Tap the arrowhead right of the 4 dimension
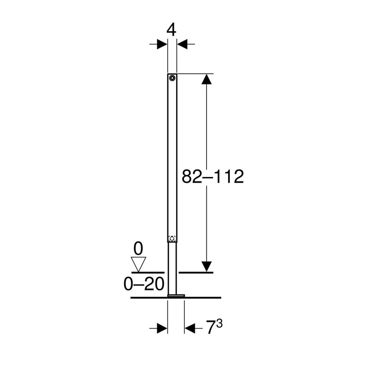click(x=182, y=44)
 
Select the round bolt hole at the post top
click(x=172, y=78)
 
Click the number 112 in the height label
click(x=228, y=177)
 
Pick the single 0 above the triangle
click(x=138, y=249)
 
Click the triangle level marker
click(x=138, y=263)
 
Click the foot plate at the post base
click(x=176, y=296)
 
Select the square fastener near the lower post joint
click(x=172, y=238)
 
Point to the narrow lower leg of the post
click(x=172, y=268)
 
